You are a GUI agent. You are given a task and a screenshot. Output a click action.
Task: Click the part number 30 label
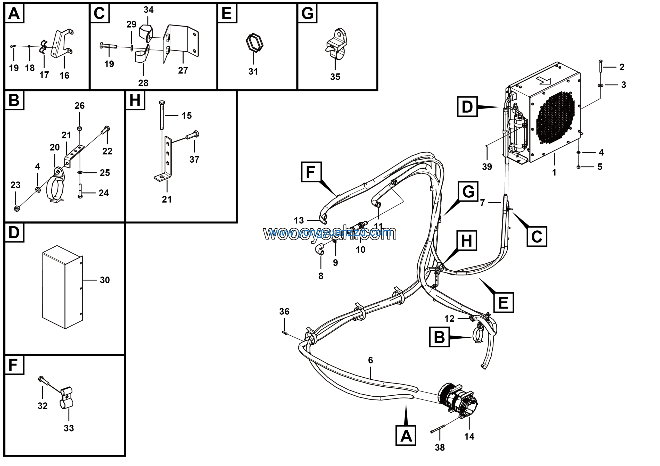tap(105, 280)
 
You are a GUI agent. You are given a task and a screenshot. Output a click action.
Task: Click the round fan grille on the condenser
tap(555, 118)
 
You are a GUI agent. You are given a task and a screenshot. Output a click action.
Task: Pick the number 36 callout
tap(284, 311)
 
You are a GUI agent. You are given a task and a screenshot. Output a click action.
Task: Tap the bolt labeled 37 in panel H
tap(193, 135)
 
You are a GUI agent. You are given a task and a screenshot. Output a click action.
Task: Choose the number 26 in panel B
tap(80, 106)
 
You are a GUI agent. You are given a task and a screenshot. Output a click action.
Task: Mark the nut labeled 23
tap(17, 209)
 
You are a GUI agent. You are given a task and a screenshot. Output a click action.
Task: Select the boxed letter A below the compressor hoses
tap(406, 436)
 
